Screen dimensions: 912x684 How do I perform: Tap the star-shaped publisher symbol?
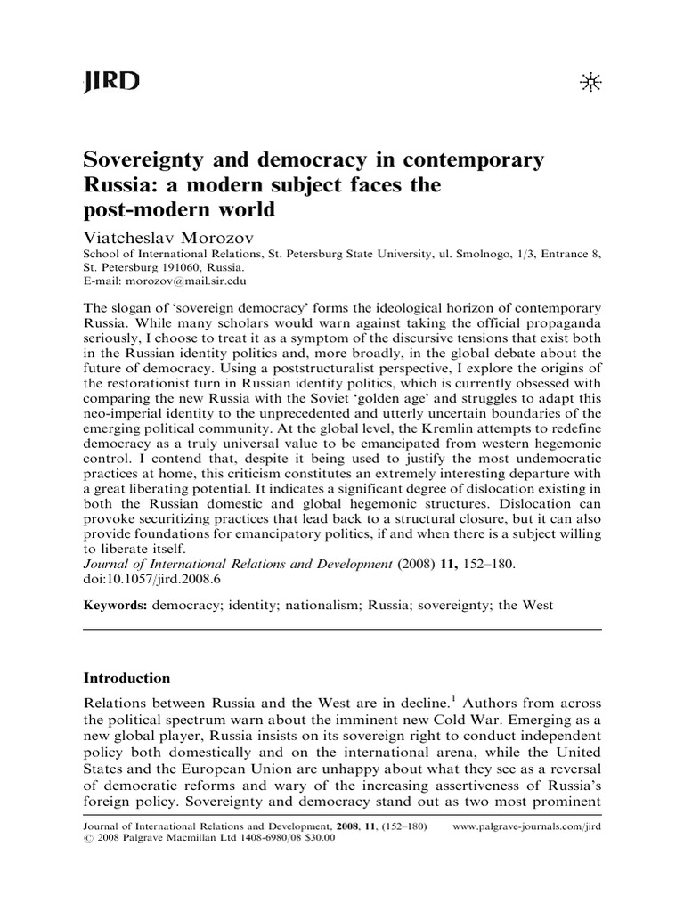pos(590,83)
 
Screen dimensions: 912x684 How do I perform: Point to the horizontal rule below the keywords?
pos(342,630)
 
